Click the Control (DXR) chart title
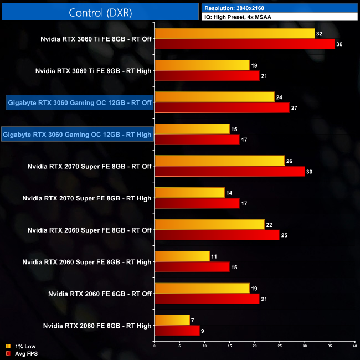100,12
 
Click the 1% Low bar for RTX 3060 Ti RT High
202,65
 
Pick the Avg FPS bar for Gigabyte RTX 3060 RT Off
222,107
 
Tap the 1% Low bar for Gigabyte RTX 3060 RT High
192,129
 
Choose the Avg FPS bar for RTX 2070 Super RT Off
230,171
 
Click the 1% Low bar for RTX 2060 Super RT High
182,256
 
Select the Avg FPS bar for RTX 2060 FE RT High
177,331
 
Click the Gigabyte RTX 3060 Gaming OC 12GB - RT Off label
80,102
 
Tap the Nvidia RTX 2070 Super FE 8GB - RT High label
87,198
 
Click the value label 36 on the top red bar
340,44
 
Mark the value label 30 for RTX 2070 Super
310,171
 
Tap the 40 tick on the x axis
354,347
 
